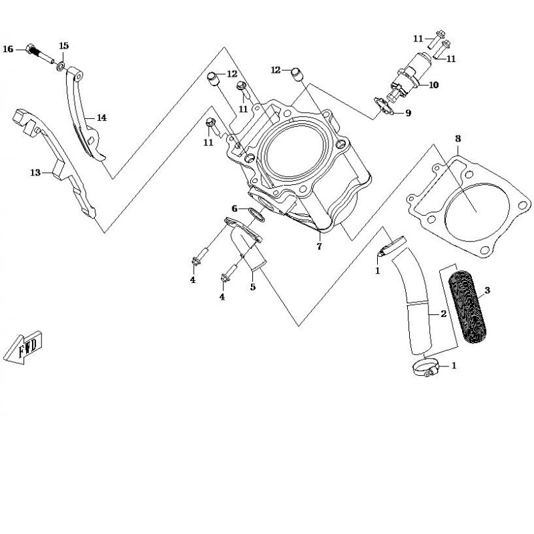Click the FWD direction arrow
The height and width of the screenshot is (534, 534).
coord(25,346)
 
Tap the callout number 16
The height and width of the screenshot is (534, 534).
coord(8,49)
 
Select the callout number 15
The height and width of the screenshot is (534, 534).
coord(63,45)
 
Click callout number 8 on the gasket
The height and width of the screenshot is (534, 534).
coord(458,139)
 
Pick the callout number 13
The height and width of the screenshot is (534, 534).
coord(35,172)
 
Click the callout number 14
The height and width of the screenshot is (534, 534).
coord(101,117)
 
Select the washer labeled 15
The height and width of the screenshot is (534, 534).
coord(61,67)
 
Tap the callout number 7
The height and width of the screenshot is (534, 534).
coord(319,246)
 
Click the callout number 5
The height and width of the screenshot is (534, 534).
coord(253,287)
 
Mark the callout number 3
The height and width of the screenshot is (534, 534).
coord(487,290)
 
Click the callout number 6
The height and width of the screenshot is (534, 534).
coord(234,208)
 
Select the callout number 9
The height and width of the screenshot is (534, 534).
coord(408,113)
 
